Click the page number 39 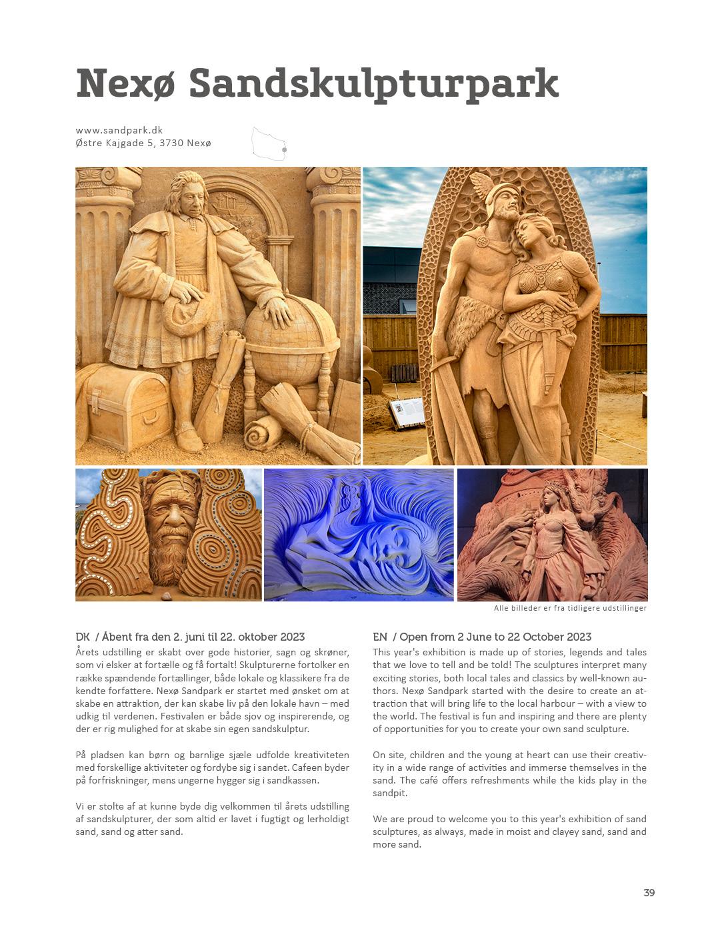649,893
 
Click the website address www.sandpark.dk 119,130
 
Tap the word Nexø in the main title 125,84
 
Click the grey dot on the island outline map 284,150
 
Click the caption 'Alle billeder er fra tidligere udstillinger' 570,608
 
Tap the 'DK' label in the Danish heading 83,637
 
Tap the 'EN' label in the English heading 380,637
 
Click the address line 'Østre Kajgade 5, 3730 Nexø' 143,143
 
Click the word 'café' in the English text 430,780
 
